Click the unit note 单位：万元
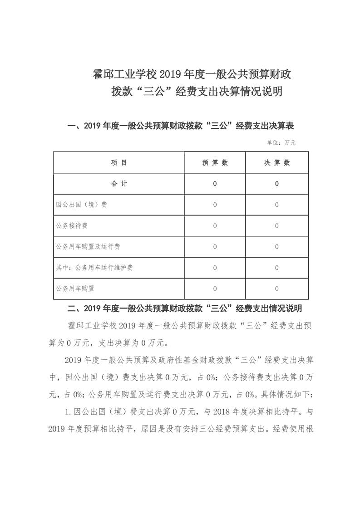281,142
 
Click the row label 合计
119,184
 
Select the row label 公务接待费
72,225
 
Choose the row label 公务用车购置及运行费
88,247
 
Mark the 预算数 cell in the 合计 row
215,184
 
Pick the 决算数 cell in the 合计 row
276,184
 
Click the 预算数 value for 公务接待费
215,225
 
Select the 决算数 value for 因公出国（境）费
276,205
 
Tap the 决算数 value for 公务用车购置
276,289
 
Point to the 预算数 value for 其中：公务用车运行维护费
215,268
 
